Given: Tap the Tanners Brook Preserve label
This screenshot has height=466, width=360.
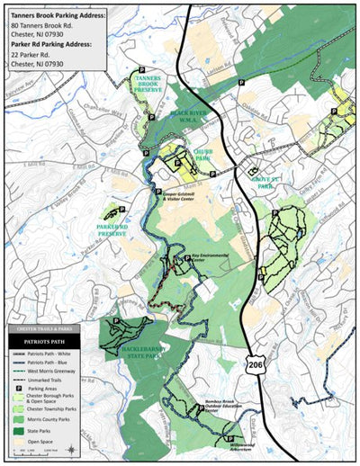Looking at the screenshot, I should (x=148, y=84).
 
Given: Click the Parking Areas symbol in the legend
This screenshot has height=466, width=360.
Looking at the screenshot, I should (x=20, y=388).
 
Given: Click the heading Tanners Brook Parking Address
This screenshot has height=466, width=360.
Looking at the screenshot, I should (x=58, y=15).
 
